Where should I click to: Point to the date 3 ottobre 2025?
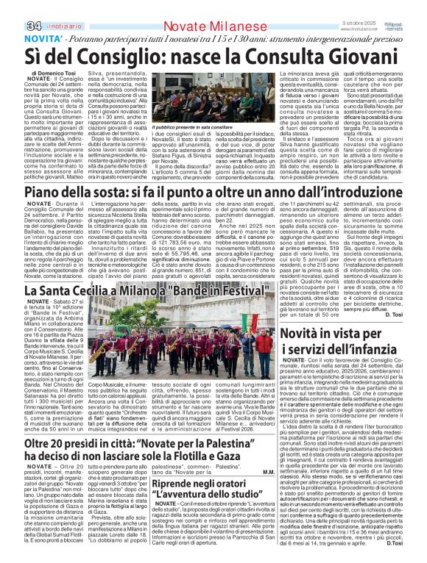point(362,6)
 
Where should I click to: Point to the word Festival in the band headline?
point(234,290)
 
